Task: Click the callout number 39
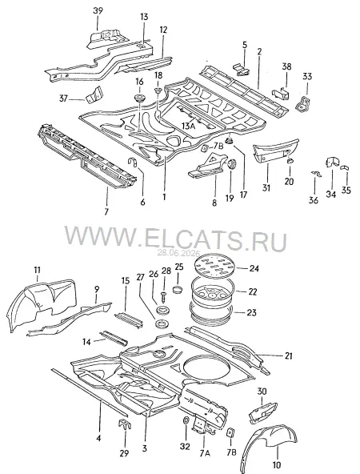[98, 10]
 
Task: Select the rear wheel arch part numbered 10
[269, 447]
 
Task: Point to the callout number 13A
[189, 126]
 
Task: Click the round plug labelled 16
[139, 98]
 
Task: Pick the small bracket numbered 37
[94, 94]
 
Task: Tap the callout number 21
[289, 355]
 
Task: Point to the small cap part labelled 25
[178, 289]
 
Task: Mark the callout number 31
[266, 187]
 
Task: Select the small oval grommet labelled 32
[186, 420]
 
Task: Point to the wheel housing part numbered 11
[41, 305]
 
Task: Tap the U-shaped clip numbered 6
[133, 162]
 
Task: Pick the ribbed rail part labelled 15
[128, 319]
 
